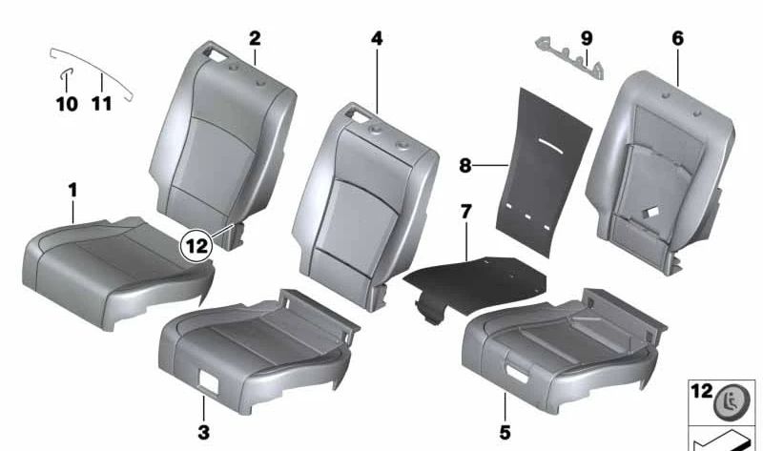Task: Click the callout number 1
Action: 72,192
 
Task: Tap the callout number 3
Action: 203,433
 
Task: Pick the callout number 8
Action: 465,165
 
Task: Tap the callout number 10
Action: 67,103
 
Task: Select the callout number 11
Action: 101,103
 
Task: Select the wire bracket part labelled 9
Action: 568,58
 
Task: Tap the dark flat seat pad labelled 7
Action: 477,279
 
